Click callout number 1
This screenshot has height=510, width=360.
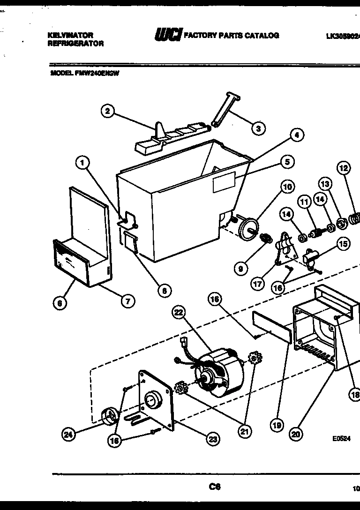coord(82,163)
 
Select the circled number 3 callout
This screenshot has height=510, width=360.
coord(257,128)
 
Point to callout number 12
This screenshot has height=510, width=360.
coord(344,168)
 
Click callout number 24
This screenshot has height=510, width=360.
coord(69,435)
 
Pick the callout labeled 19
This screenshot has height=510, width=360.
coord(277,425)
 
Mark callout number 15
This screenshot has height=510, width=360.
coord(343,244)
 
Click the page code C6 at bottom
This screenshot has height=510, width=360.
coord(215,487)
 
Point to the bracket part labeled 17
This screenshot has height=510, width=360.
coord(284,249)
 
